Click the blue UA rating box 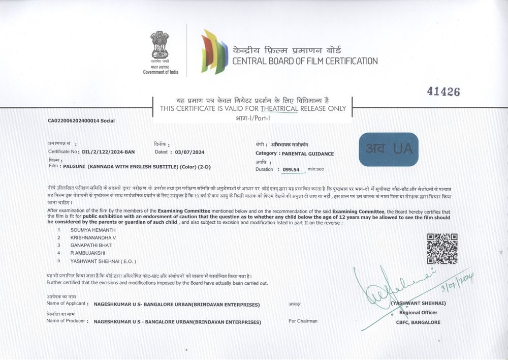tap(388, 149)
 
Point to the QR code tap(442, 248)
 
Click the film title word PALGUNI tap(74, 166)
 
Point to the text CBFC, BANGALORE tap(418, 322)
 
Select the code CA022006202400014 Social tap(81, 121)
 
